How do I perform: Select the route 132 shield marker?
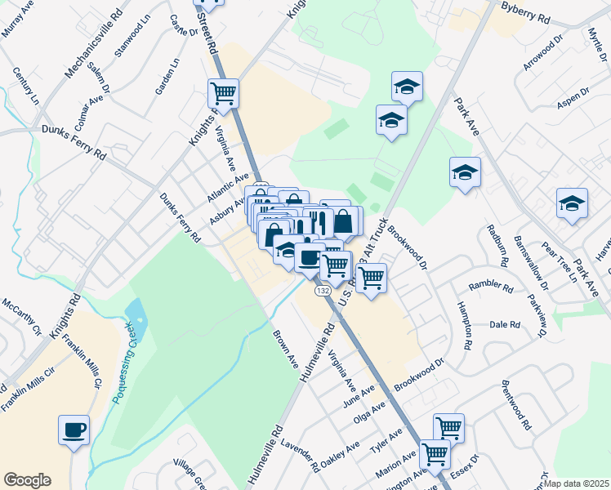[323, 290]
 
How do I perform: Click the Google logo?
[27, 480]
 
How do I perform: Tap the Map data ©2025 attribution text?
[577, 483]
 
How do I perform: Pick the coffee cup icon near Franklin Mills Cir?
[74, 430]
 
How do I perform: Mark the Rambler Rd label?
[490, 287]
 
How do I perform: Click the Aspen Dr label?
[573, 95]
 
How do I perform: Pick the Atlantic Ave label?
[228, 187]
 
